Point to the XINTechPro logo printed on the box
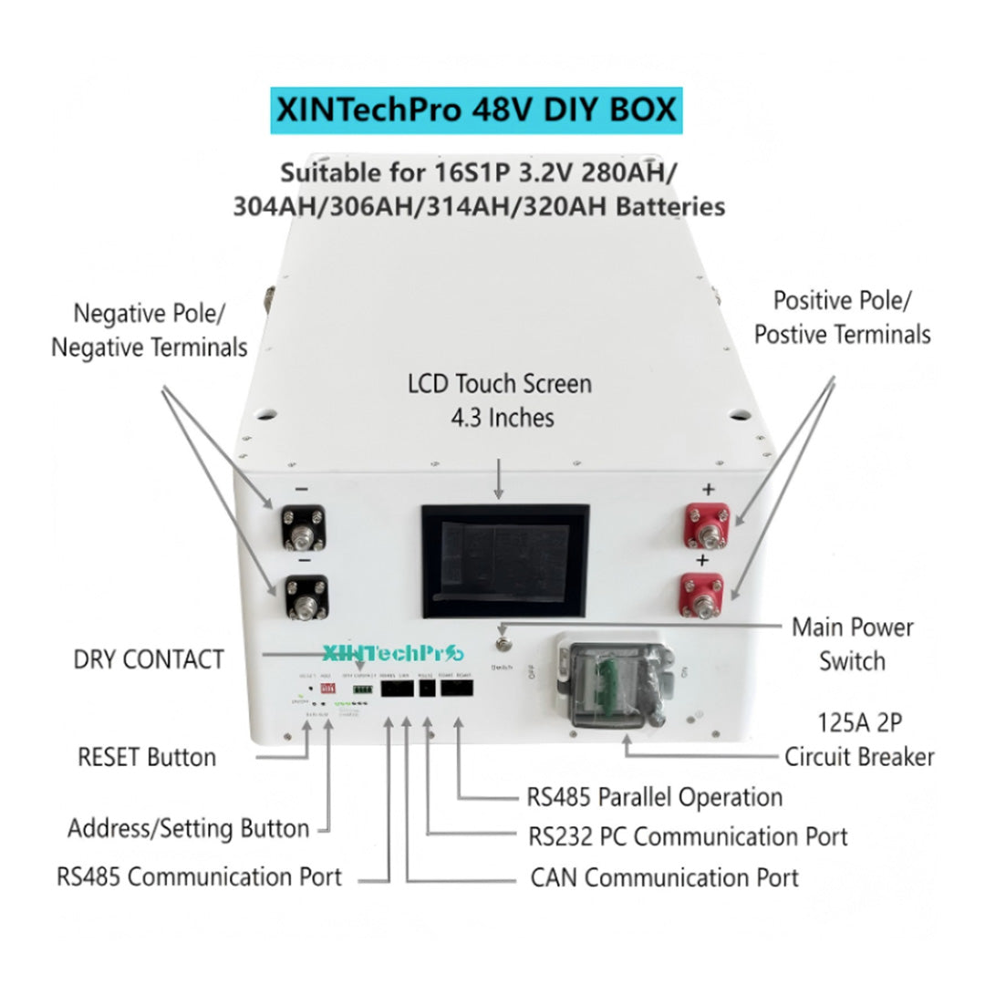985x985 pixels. point(393,653)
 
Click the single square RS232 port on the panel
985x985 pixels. point(426,689)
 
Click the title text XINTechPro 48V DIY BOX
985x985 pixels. point(476,110)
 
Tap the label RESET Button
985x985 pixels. point(148,758)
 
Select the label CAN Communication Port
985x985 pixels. point(664,878)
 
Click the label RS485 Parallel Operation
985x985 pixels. point(655,797)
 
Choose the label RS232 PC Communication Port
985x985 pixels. point(688,836)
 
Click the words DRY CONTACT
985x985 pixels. point(149,659)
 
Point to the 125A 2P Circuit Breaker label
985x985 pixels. point(859,741)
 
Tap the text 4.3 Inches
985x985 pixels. point(502,418)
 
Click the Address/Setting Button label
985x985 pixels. point(189,829)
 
